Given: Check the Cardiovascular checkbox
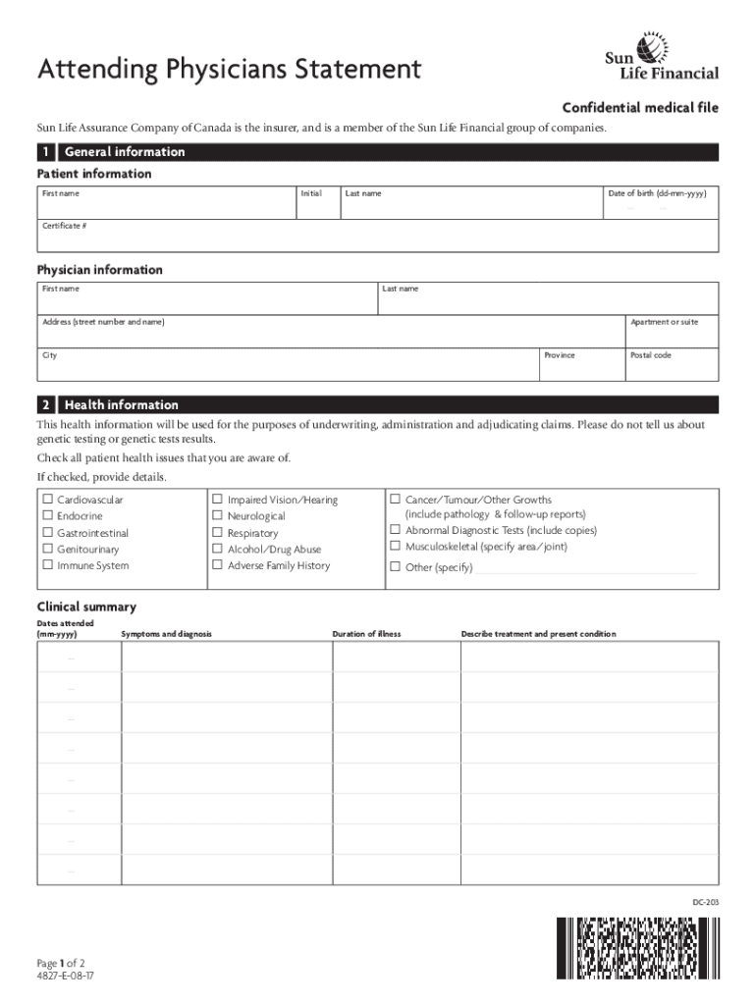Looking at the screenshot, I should [x=47, y=500].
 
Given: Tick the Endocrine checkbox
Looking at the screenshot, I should [x=47, y=516].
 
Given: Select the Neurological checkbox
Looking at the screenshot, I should [x=218, y=516].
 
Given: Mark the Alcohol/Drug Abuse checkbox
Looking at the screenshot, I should [x=218, y=550].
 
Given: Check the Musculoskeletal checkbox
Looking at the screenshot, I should [x=396, y=547].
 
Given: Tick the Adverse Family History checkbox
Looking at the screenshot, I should [x=218, y=566].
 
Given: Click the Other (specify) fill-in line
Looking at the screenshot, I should [x=586, y=568].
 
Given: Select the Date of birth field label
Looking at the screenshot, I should [x=657, y=193].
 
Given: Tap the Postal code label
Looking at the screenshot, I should [x=650, y=355].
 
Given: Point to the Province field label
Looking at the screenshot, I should [x=560, y=355].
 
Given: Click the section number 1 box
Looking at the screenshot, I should [x=45, y=152].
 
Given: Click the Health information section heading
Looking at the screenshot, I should [x=121, y=404].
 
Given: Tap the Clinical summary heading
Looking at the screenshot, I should [x=86, y=607].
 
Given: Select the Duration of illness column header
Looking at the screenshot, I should [x=366, y=634].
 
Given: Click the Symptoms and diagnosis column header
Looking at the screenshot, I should [x=166, y=634].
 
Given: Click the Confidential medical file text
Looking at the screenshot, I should [x=639, y=108].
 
